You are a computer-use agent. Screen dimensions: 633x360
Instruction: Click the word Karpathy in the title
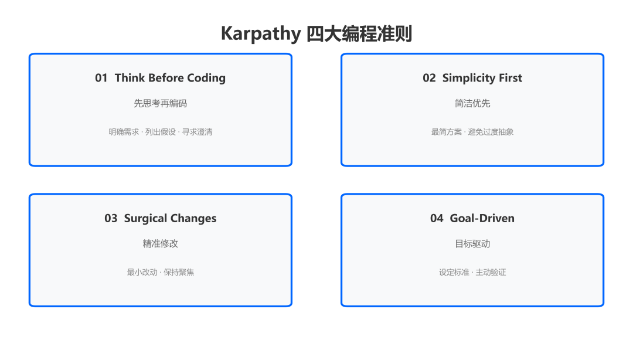point(261,34)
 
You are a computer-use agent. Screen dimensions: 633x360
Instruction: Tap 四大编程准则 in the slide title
point(359,33)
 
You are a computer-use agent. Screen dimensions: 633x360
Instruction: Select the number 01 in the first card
point(101,78)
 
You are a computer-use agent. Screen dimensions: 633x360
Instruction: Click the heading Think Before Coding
point(170,78)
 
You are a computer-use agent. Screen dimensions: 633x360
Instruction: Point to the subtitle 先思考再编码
point(160,103)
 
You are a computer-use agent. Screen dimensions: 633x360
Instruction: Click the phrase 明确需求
point(124,132)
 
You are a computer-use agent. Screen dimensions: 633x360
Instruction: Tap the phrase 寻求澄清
point(197,132)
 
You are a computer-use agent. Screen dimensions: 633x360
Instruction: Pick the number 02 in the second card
point(429,78)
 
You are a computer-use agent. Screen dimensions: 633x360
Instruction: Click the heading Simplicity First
point(482,78)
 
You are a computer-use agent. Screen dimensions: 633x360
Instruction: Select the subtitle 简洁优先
point(472,103)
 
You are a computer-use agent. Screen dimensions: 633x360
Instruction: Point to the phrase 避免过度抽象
point(491,132)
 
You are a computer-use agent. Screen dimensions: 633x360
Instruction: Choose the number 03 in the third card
point(111,219)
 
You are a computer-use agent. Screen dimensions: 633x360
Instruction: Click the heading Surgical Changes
point(170,219)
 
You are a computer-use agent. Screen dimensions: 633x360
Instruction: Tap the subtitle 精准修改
point(160,244)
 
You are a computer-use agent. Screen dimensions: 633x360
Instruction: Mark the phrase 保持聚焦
point(178,272)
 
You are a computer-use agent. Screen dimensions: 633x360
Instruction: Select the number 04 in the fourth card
point(437,219)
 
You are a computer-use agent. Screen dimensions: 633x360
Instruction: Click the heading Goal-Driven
point(482,219)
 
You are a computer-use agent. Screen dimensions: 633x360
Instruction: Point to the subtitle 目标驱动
point(472,244)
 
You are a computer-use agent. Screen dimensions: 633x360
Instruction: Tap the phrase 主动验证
point(491,272)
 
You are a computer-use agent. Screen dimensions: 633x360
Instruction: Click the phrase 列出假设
point(161,132)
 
